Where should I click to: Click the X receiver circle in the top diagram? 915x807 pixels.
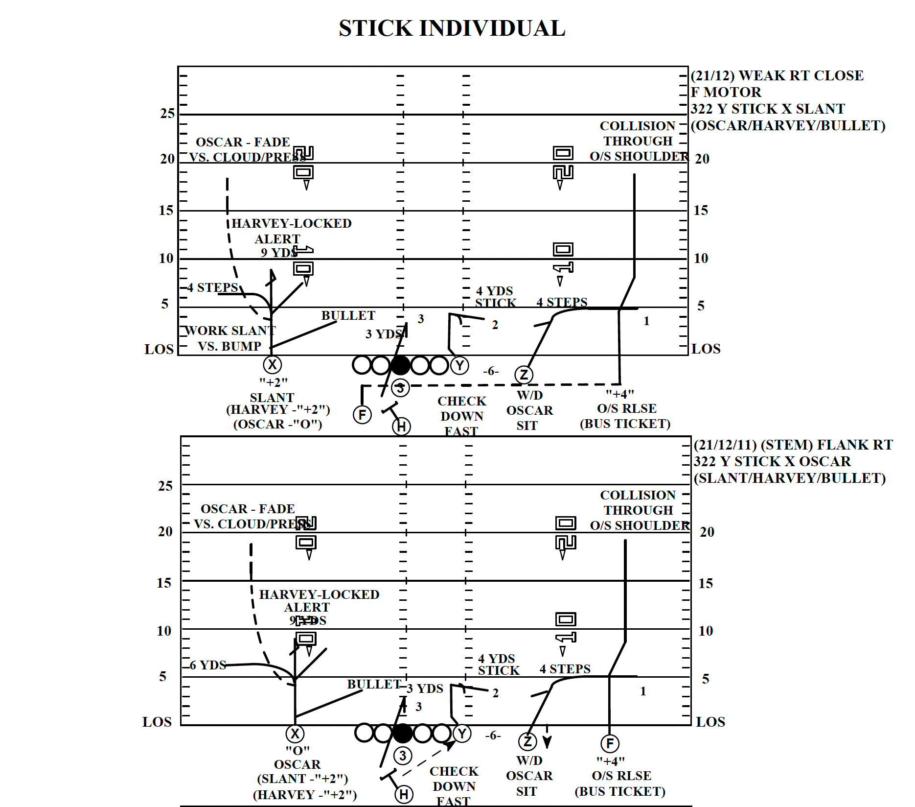point(272,365)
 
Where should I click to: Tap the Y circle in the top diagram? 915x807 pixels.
point(459,365)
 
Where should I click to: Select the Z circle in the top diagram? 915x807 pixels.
point(524,375)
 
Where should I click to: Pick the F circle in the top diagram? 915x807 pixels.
point(362,415)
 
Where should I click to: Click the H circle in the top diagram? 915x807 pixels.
point(401,427)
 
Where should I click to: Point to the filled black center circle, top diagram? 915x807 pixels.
point(400,365)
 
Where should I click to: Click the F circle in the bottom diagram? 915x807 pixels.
point(610,743)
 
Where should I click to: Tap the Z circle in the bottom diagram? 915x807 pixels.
point(527,741)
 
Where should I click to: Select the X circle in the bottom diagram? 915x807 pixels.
point(295,734)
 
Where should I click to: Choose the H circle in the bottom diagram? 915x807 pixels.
point(404,794)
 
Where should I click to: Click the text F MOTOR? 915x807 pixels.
point(726,92)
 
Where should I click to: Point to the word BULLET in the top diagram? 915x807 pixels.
point(348,315)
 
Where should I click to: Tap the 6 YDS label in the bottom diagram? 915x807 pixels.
point(208,665)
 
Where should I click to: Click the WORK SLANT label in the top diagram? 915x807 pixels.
point(230,331)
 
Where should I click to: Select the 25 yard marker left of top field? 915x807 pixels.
point(167,114)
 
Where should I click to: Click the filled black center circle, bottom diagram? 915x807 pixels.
point(403,733)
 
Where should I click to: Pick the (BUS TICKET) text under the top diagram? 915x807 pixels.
point(625,424)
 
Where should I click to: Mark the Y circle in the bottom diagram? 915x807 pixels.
point(462,734)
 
